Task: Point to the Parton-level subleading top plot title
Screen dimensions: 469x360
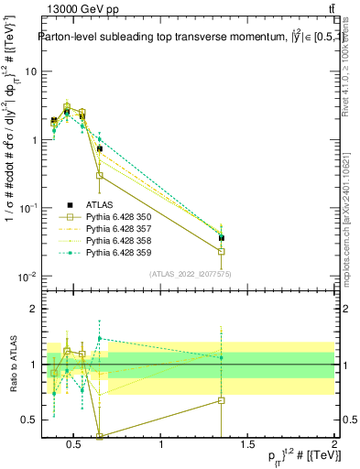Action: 183,38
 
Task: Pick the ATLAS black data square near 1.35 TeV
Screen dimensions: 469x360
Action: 222,238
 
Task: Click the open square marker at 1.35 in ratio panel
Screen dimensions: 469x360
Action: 222,400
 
